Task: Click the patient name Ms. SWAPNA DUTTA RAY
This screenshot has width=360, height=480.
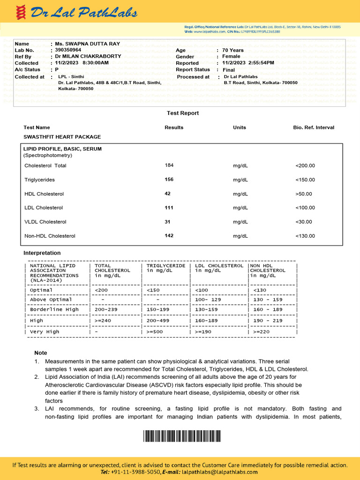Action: pos(88,44)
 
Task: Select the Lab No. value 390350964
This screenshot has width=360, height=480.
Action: pos(68,50)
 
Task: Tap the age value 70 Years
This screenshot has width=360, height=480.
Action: pos(233,50)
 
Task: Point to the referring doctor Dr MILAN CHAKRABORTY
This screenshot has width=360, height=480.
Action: pos(88,56)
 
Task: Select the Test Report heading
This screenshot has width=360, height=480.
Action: pos(183,113)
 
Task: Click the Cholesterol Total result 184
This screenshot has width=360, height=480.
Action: pos(169,165)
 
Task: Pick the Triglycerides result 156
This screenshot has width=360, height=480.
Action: pos(169,180)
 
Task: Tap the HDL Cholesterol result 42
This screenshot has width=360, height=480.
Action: pos(168,194)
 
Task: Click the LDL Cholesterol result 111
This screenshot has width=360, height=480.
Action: pos(169,208)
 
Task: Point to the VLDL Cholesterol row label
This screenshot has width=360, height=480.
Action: pos(45,222)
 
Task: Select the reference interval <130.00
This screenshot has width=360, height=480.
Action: pos(305,236)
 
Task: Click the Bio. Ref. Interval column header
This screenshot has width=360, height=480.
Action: pos(314,127)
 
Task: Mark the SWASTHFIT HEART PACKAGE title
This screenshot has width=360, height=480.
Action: pos(62,137)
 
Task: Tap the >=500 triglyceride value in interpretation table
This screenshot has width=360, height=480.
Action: pos(156,331)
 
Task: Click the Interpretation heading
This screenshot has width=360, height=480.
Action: pos(42,253)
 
